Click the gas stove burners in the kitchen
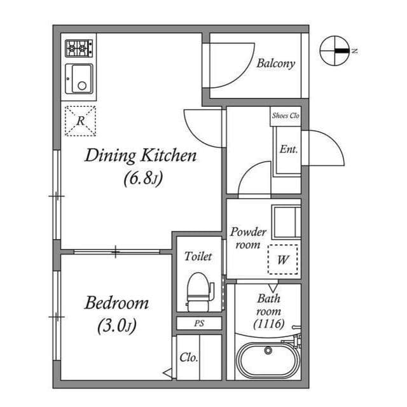point(79,48)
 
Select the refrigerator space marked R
point(80,121)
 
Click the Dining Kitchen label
point(141,156)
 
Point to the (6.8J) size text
point(143,179)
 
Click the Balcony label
point(275,64)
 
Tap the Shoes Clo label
point(285,116)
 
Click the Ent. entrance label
point(289,150)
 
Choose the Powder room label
point(248,238)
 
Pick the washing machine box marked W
point(283,259)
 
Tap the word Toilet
point(198,257)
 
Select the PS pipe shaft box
point(199,324)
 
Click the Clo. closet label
point(188,357)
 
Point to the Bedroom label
point(116,303)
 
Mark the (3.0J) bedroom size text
point(117,327)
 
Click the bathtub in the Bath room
point(268,361)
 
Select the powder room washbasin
point(286,220)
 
